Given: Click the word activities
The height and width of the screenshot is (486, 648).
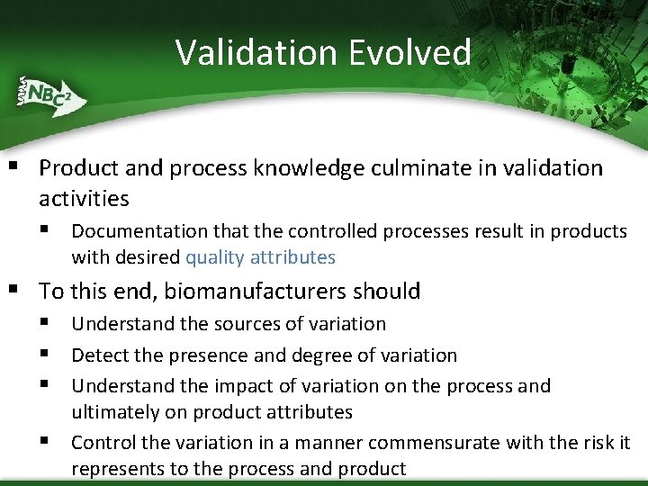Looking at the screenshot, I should [84, 198].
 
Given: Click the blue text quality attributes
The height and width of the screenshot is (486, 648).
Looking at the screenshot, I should [260, 257].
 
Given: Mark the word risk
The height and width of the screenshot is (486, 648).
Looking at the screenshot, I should [598, 443].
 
